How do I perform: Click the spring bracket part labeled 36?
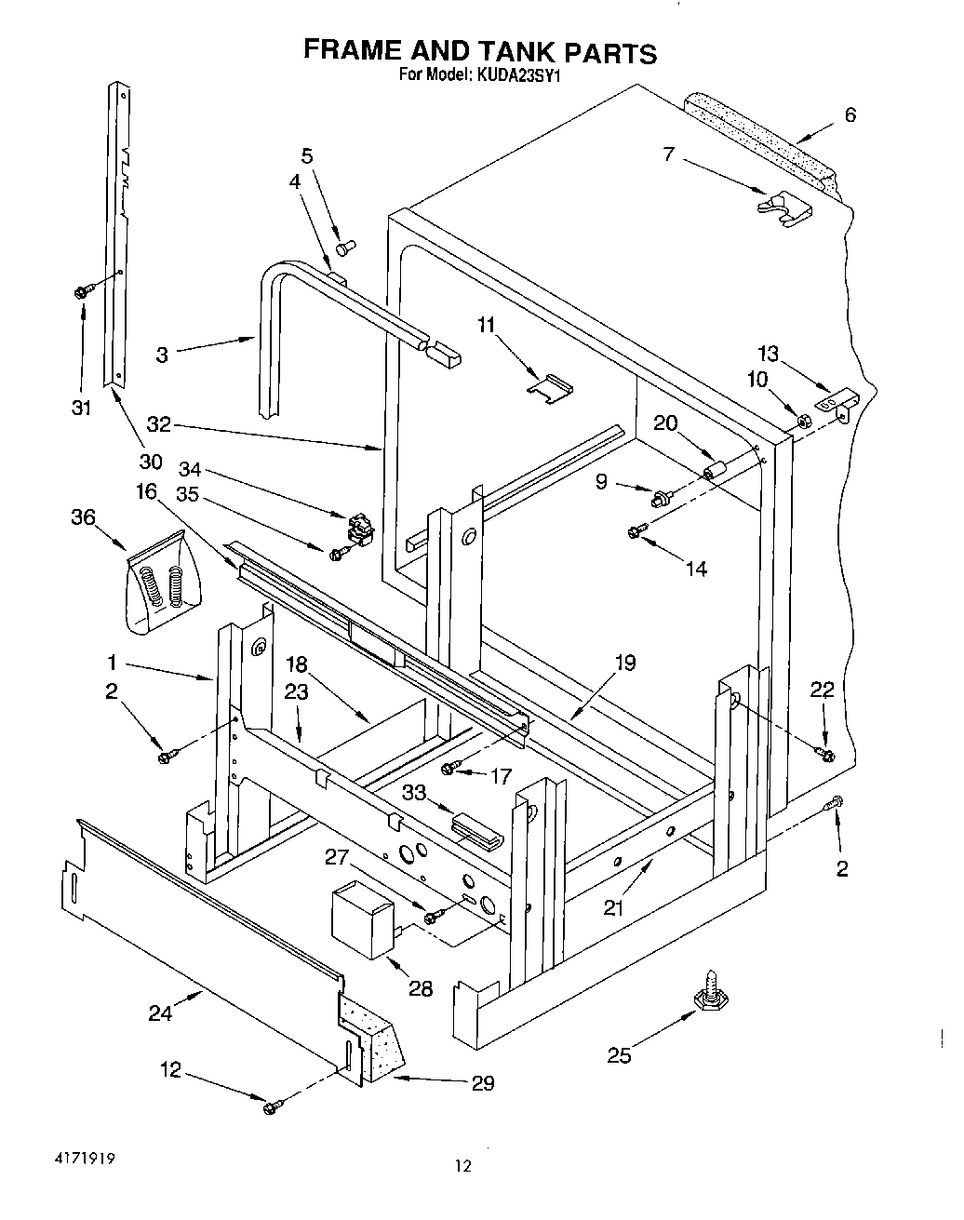pyautogui.click(x=162, y=583)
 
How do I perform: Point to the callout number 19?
pyautogui.click(x=624, y=663)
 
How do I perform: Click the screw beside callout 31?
pyautogui.click(x=80, y=292)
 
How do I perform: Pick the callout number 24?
pyautogui.click(x=160, y=1012)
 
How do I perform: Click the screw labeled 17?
pyautogui.click(x=450, y=768)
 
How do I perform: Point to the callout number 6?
pyautogui.click(x=850, y=114)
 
